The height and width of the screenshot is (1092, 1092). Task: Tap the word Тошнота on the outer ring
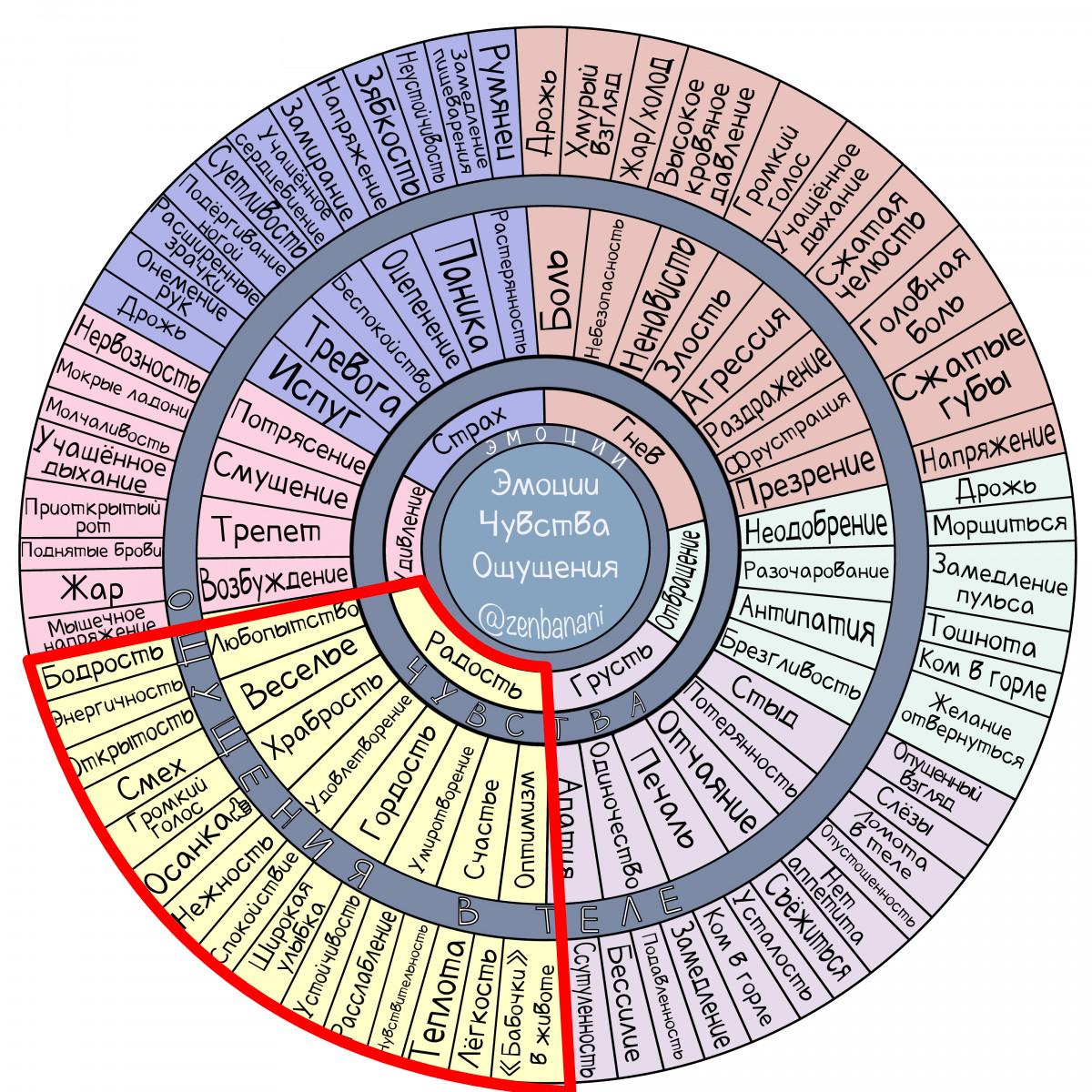point(981,637)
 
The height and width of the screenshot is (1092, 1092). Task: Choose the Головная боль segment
point(917,290)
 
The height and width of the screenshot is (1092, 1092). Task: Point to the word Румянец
point(499,98)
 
